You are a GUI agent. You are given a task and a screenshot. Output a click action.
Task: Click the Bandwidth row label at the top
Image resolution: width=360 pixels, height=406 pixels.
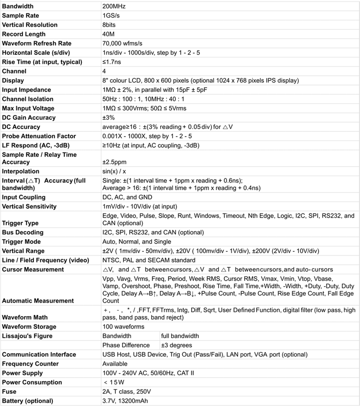point(18,6)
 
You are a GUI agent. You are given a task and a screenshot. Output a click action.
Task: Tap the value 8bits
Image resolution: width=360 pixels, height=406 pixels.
point(109,25)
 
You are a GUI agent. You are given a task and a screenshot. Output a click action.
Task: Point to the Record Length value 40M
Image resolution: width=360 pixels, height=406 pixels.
point(109,34)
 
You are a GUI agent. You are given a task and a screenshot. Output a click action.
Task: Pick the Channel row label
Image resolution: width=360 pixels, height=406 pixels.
point(14,71)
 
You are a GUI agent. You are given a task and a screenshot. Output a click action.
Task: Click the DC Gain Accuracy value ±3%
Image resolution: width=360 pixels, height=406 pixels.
point(109,117)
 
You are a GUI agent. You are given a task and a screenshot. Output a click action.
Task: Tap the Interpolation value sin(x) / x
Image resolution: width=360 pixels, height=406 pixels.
point(115,171)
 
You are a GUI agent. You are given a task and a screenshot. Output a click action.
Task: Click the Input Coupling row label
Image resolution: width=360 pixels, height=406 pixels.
point(24,197)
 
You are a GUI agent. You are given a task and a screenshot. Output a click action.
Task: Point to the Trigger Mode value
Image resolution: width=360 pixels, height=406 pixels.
point(137,241)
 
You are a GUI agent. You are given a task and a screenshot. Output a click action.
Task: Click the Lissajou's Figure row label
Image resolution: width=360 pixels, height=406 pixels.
point(27,336)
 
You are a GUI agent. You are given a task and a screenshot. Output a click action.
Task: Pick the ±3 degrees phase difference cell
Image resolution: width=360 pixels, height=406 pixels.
point(177,345)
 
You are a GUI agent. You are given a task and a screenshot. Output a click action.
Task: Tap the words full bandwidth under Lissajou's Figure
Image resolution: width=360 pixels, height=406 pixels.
point(180,336)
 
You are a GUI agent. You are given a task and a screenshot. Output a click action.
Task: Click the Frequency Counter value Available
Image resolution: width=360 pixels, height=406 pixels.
point(115,364)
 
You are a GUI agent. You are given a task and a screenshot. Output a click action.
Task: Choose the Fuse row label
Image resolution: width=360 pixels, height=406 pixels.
point(10,392)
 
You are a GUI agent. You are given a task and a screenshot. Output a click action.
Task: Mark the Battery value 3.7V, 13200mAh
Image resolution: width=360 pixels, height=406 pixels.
point(127,401)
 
